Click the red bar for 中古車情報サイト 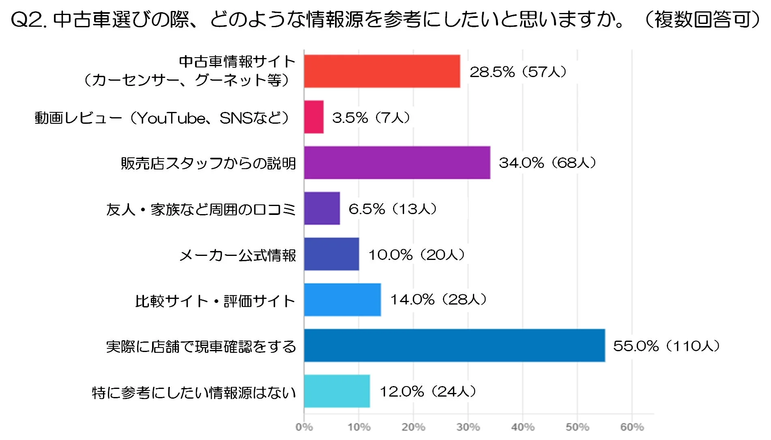(x=382, y=71)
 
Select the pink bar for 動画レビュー (x=314, y=117)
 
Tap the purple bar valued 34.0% (x=397, y=163)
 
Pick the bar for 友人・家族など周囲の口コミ (x=322, y=208)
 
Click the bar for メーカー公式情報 (x=331, y=254)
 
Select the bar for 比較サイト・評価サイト (x=342, y=300)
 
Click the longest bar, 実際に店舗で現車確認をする (x=454, y=346)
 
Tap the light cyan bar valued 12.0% (x=337, y=391)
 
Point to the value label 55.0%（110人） (x=666, y=346)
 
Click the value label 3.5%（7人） (x=371, y=118)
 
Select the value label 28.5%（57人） (x=518, y=72)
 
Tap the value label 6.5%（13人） (x=393, y=209)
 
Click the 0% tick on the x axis (x=304, y=427)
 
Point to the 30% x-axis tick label (x=468, y=427)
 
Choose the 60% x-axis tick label (x=631, y=427)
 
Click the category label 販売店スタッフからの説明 (x=208, y=163)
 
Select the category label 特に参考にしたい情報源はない (x=194, y=393)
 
